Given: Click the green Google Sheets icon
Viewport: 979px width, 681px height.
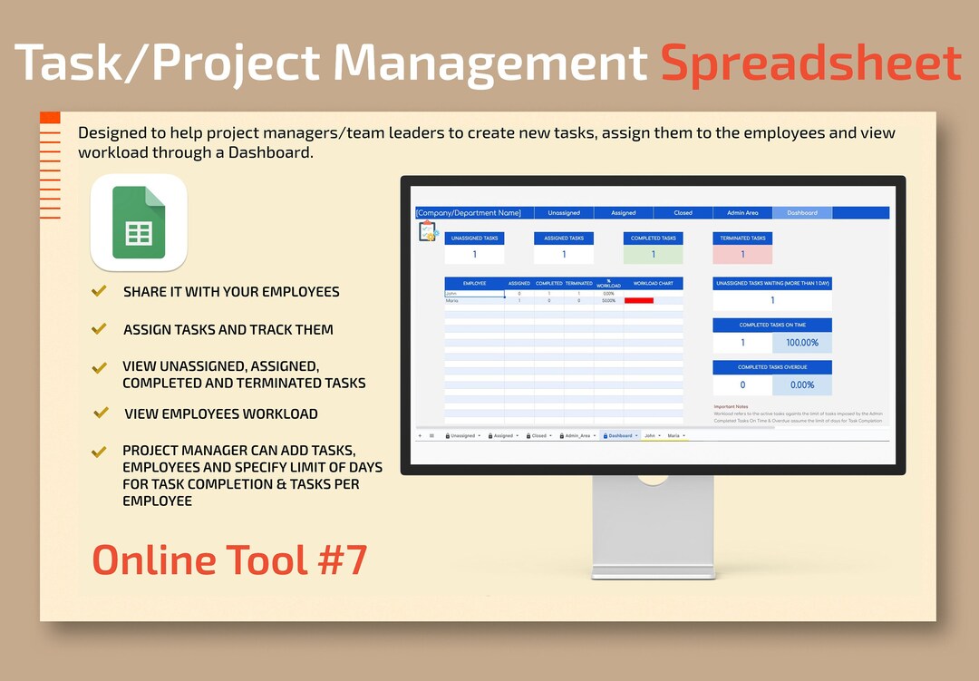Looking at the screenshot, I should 139,222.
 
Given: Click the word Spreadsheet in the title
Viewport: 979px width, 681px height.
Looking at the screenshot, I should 810,63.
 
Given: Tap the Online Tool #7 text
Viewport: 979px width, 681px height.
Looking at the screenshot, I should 229,559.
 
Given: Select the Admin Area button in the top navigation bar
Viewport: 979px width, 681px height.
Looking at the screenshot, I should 742,213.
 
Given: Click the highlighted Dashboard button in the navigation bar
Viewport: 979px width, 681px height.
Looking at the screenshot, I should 801,213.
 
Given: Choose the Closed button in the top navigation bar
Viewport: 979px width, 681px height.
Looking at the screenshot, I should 683,213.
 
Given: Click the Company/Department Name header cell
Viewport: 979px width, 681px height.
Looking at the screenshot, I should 469,213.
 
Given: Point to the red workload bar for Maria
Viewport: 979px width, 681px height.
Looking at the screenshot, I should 638,300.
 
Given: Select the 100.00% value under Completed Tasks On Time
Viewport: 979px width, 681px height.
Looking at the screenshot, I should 801,343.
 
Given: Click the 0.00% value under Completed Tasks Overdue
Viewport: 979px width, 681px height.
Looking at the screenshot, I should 801,384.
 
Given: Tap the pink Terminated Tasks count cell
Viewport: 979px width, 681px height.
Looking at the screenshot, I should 742,255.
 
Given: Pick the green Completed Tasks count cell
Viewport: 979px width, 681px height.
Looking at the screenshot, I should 653,255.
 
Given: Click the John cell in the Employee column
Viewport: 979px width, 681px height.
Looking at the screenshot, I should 473,293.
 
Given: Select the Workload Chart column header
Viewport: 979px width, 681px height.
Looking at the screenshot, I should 653,284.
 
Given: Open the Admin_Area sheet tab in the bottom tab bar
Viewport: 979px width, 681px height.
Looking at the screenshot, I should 578,435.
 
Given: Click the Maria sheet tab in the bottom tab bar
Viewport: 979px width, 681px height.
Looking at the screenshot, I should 674,435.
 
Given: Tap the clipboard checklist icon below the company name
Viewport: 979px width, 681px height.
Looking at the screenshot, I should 427,231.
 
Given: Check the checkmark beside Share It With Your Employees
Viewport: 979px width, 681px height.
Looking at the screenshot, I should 100,291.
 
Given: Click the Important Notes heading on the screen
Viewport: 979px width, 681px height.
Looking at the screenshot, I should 731,406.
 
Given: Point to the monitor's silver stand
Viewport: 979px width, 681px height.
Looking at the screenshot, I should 653,526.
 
